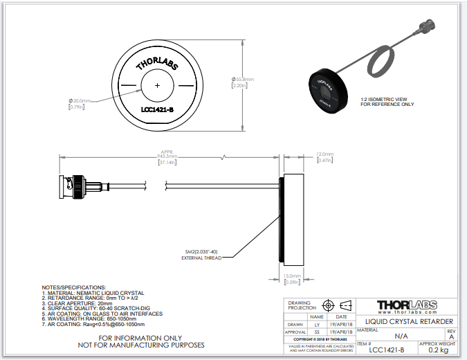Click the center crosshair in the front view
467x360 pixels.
pos(158,84)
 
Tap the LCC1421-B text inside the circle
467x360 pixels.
pos(158,109)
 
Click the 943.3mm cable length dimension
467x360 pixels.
pos(168,156)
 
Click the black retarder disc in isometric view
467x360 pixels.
pos(325,89)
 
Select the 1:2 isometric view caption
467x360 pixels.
pos(387,101)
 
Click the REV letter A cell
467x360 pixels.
pos(451,337)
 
